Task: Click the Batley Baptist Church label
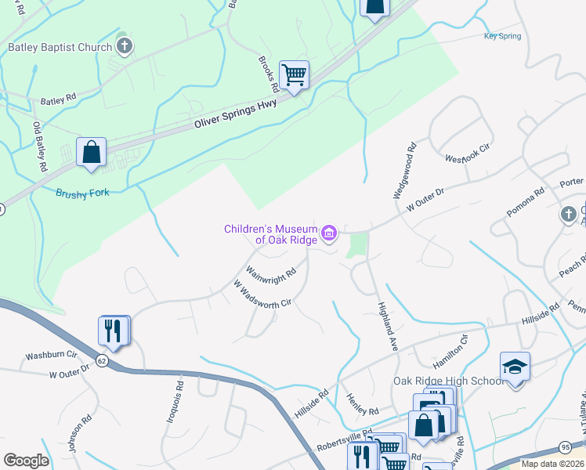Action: click(60, 47)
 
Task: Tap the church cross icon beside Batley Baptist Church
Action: click(124, 46)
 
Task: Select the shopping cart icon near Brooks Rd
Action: click(295, 75)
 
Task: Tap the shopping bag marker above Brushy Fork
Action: click(91, 151)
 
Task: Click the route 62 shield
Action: click(102, 359)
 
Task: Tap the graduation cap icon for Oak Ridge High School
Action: click(515, 366)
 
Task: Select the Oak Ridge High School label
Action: click(449, 381)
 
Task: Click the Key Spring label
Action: click(502, 36)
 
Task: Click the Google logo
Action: click(27, 460)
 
